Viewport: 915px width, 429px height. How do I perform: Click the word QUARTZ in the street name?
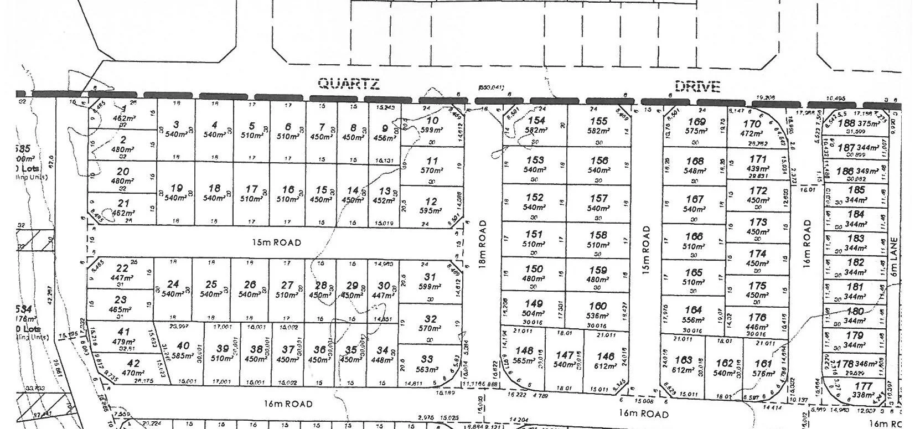(349, 84)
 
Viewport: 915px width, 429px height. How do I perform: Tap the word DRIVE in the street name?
(697, 86)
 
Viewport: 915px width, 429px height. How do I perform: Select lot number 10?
(433, 120)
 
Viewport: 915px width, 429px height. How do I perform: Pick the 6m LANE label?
(892, 258)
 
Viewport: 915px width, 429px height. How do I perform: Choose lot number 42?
(134, 364)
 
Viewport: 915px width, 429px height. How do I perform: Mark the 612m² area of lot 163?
(683, 369)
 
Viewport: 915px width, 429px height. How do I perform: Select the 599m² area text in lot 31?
(430, 287)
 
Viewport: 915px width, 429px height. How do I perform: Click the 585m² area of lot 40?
(182, 356)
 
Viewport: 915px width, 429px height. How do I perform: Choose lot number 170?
(752, 124)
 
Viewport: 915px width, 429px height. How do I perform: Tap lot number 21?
(123, 203)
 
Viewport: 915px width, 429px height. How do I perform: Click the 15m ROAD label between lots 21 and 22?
(276, 242)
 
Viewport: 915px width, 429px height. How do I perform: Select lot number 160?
(598, 306)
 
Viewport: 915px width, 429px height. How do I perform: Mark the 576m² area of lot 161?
(763, 374)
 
